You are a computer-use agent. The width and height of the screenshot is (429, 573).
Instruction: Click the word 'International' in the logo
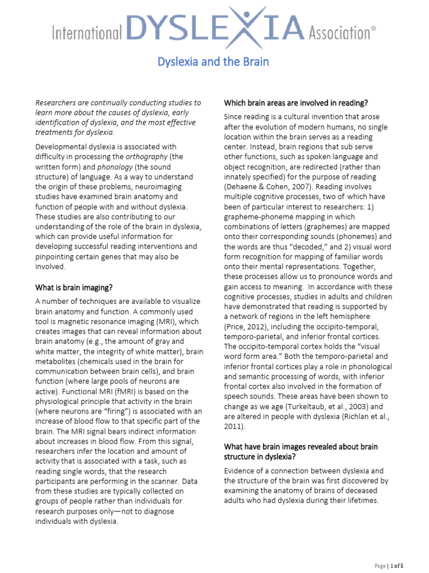point(87,33)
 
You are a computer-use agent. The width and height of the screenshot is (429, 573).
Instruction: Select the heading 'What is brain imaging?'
point(74,288)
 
